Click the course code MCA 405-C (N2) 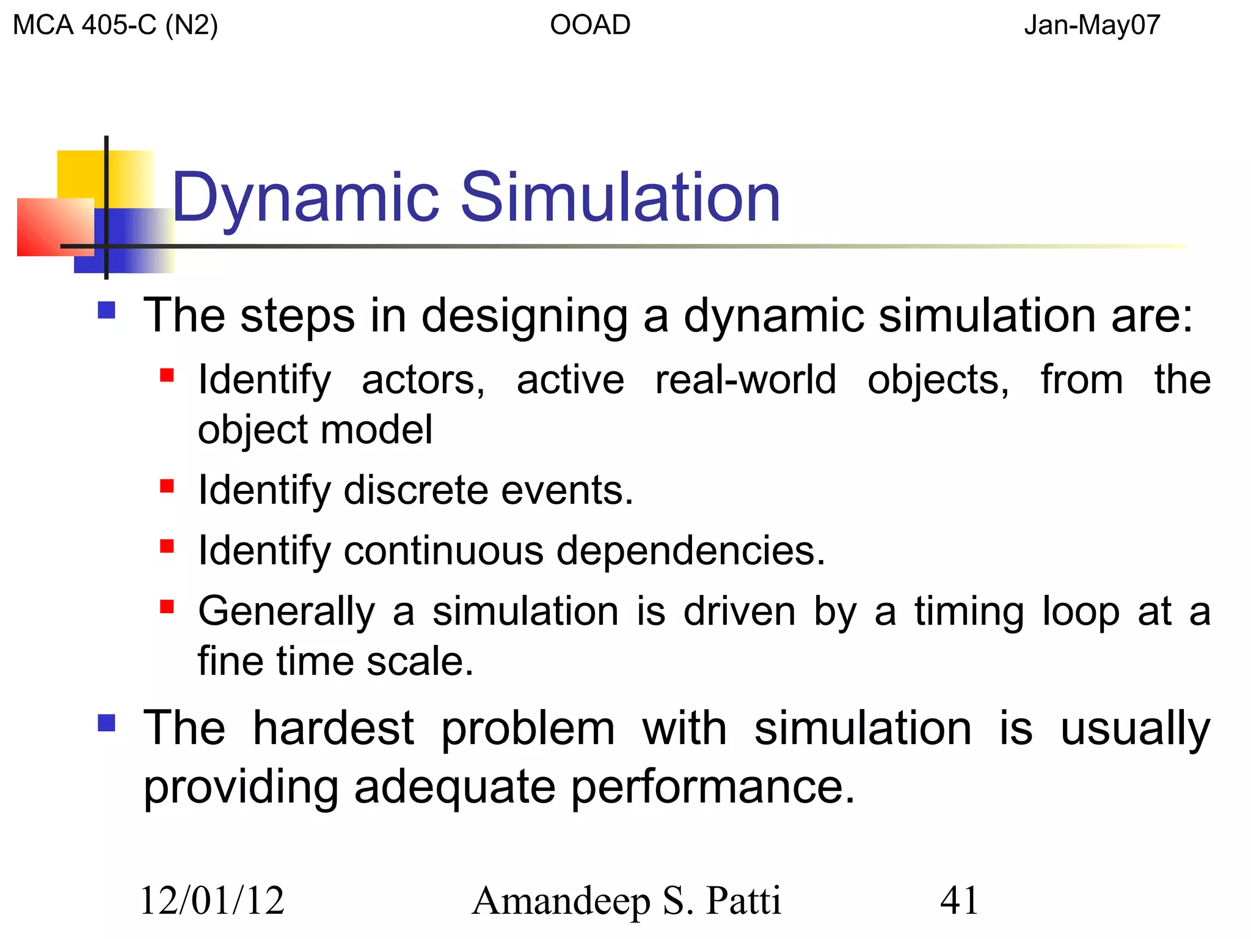click(115, 26)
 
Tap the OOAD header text click(589, 26)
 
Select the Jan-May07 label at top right click(1092, 26)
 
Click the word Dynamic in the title click(305, 199)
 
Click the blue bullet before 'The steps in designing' click(107, 311)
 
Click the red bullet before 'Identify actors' click(167, 375)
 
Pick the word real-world click(745, 380)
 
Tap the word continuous click(443, 550)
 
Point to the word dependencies click(690, 551)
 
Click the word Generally click(286, 611)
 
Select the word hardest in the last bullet click(334, 728)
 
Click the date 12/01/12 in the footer click(213, 900)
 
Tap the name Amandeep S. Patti click(626, 901)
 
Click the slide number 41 click(959, 900)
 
